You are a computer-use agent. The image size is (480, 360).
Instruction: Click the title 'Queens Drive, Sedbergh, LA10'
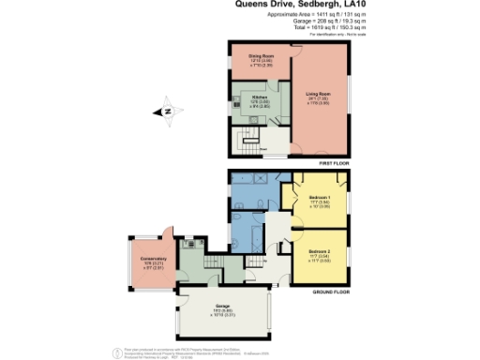(299, 5)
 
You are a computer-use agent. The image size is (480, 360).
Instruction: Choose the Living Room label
(320, 93)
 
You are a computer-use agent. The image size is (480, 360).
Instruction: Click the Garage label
(221, 308)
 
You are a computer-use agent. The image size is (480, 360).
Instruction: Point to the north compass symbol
(166, 111)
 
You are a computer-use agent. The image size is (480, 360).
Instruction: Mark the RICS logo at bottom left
(117, 351)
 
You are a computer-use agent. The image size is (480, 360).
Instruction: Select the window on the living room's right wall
(353, 98)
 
